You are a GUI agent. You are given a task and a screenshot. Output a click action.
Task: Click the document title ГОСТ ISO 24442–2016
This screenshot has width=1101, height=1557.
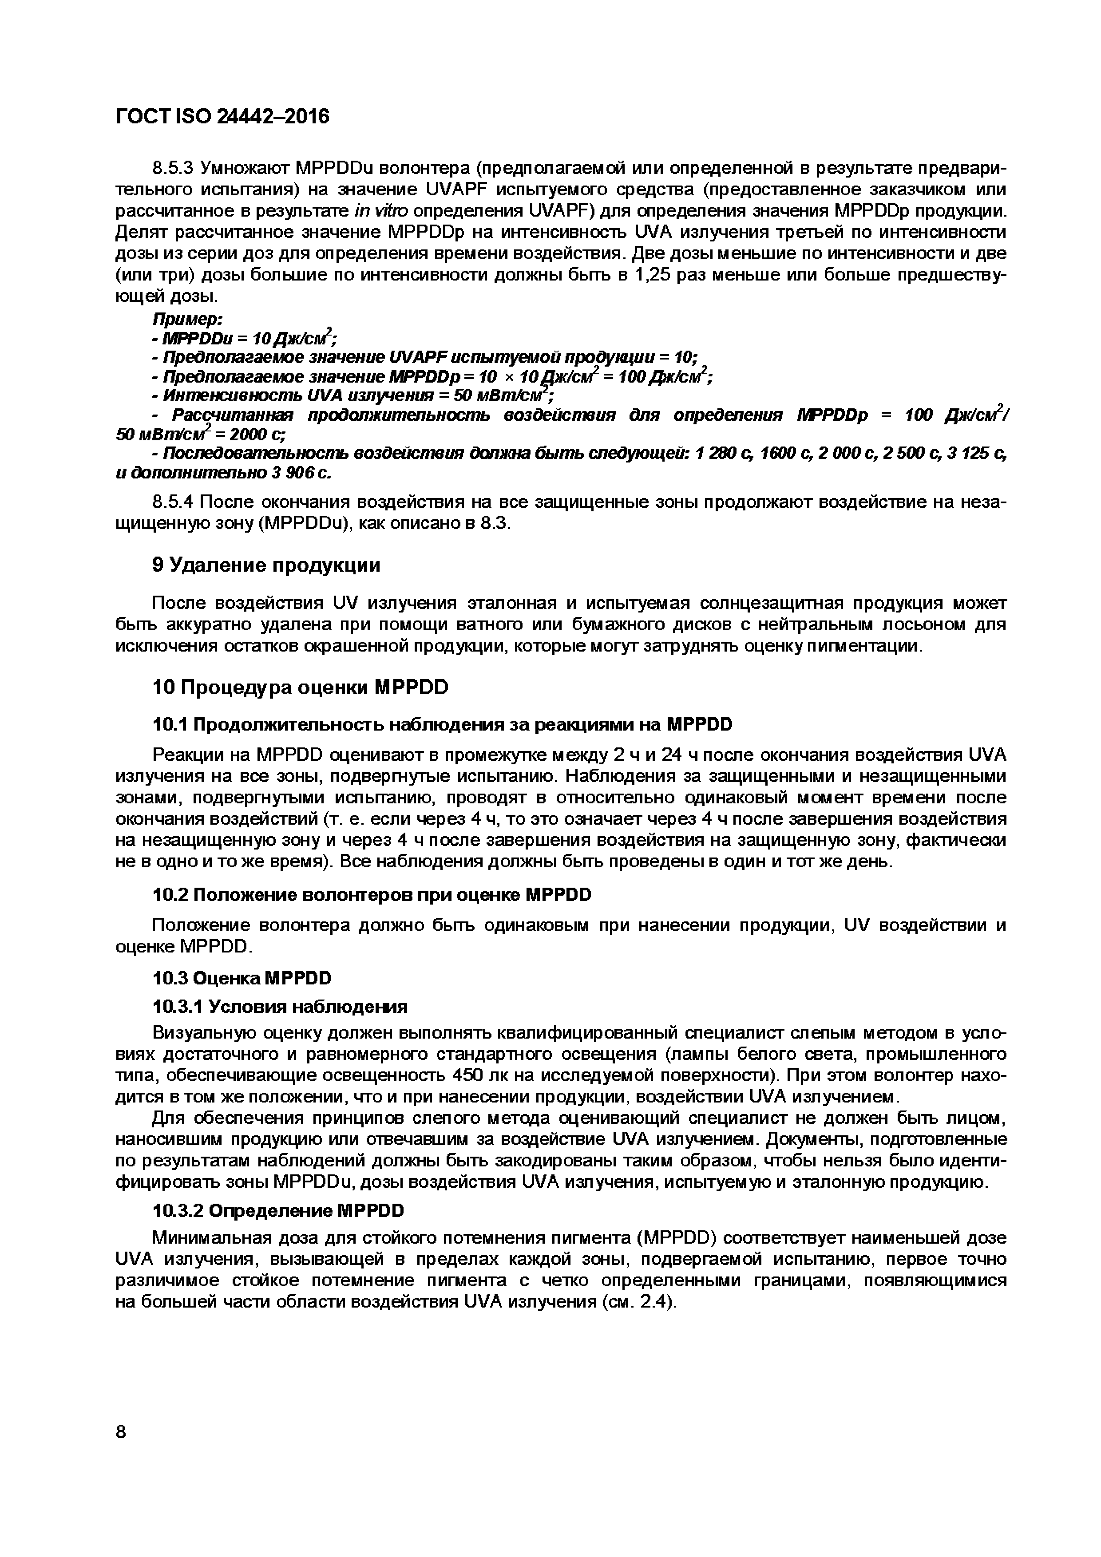(x=222, y=117)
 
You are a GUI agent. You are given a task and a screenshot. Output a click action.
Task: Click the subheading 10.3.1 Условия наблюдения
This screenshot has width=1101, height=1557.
(x=280, y=1006)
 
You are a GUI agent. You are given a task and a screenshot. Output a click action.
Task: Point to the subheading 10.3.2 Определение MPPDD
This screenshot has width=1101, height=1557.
(x=277, y=1210)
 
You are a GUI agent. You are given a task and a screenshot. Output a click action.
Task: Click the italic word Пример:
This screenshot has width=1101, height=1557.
(x=188, y=319)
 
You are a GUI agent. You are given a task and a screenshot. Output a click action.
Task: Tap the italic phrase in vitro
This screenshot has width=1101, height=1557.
(x=381, y=210)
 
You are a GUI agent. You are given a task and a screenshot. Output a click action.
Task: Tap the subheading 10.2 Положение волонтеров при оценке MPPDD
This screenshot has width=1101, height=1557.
(x=372, y=894)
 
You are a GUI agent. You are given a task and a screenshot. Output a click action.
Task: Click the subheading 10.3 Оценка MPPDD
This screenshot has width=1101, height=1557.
(x=242, y=977)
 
